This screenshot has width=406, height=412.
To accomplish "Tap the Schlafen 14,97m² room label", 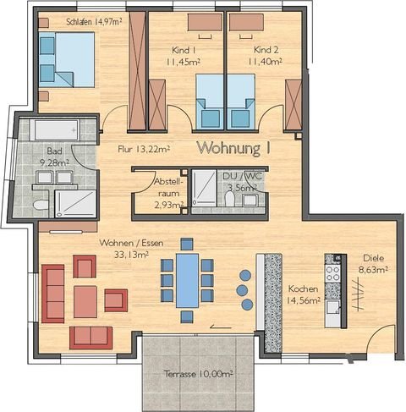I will [x=86, y=22].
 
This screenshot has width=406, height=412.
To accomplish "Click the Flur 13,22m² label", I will [x=143, y=150].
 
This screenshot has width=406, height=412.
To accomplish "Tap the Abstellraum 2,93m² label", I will [x=166, y=192].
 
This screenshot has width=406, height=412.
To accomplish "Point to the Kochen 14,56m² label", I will [x=302, y=294].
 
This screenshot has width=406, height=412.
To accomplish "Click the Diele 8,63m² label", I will [x=373, y=264].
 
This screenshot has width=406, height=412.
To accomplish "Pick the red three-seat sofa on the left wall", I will [x=52, y=293].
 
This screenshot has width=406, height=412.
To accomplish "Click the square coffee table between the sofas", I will [x=85, y=301].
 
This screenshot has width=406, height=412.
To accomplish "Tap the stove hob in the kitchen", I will [x=332, y=272].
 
